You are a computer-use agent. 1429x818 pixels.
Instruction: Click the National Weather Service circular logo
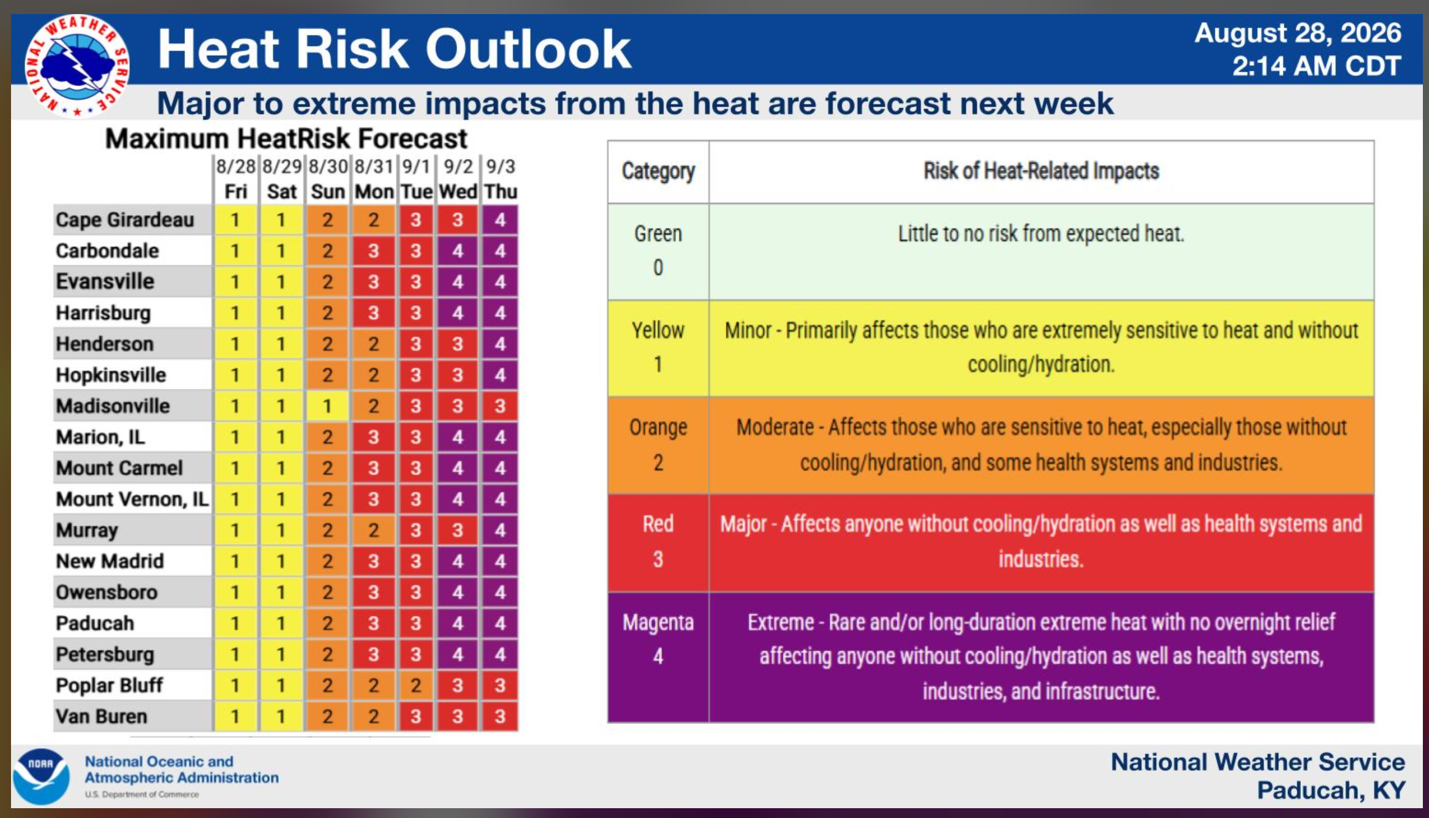coord(76,66)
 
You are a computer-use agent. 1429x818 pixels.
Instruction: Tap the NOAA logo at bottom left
coord(41,776)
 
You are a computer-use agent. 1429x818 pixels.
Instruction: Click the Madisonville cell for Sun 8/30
coord(327,406)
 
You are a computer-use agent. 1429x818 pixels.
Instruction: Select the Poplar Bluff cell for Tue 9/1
coord(416,685)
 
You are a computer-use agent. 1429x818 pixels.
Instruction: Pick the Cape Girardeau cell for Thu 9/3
coord(500,219)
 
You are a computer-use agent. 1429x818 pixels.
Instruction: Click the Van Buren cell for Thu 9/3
coord(500,716)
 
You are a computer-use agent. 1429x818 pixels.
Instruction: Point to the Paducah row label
coord(95,623)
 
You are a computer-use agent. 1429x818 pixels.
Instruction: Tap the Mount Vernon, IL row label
coord(132,499)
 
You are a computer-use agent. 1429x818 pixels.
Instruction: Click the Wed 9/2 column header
coord(458,179)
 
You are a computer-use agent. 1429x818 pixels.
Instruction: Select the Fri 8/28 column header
coord(235,179)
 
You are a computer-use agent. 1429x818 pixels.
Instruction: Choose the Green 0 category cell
coord(658,251)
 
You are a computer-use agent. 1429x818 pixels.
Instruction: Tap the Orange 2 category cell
coord(658,445)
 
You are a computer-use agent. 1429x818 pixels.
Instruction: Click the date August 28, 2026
coord(1298,33)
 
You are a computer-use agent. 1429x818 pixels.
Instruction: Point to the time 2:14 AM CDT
coord(1317,66)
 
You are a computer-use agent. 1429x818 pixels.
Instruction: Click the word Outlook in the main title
coord(528,49)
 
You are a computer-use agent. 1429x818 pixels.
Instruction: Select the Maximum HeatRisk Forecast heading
coord(286,138)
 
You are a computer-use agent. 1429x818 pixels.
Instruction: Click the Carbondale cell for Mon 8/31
coord(373,251)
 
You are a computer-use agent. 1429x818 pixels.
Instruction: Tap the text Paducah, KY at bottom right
coord(1331,790)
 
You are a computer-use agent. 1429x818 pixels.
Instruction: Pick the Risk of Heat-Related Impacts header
coord(1041,171)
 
